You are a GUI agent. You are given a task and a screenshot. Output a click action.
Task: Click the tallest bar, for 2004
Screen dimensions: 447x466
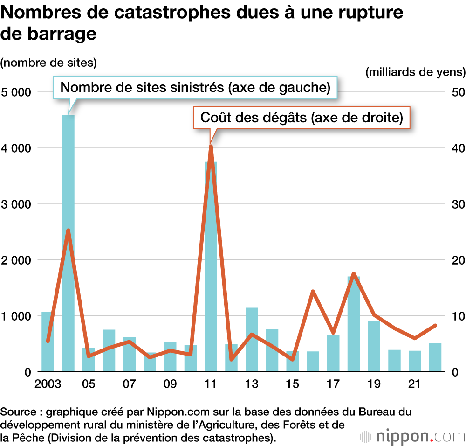coord(68,243)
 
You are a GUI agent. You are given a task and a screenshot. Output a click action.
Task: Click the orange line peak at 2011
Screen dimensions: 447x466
coord(211,147)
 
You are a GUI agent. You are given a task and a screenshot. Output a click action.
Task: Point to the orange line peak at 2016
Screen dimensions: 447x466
coord(313,291)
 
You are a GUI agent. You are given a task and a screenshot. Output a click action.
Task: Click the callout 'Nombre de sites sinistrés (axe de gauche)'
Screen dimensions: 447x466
coord(195,87)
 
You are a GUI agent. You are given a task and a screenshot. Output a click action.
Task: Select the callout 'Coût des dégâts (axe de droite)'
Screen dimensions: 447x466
coord(302,117)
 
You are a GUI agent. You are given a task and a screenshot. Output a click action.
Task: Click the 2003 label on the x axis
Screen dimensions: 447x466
coord(48,384)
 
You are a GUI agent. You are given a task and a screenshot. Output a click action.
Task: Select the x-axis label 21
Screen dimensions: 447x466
coord(414,384)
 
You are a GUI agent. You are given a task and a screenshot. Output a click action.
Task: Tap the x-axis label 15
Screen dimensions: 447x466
coord(292,384)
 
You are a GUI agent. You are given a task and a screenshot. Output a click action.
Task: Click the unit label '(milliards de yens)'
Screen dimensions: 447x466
coord(415,72)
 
